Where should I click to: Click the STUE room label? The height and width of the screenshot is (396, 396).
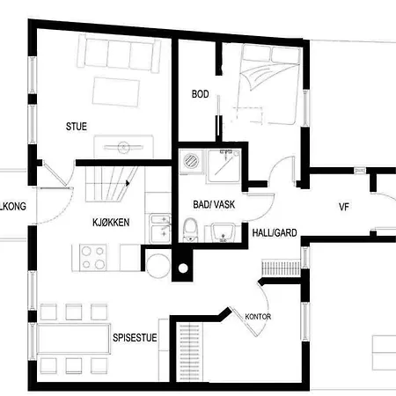click(x=77, y=126)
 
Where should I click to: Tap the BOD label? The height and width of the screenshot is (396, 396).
click(x=201, y=94)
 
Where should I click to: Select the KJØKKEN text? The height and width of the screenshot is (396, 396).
click(x=110, y=223)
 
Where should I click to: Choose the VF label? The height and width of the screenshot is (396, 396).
click(x=345, y=208)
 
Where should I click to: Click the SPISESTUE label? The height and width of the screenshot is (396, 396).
click(x=135, y=336)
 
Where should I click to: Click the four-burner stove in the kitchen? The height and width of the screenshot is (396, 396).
click(x=93, y=257)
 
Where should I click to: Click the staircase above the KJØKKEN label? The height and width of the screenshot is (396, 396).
click(x=106, y=187)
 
